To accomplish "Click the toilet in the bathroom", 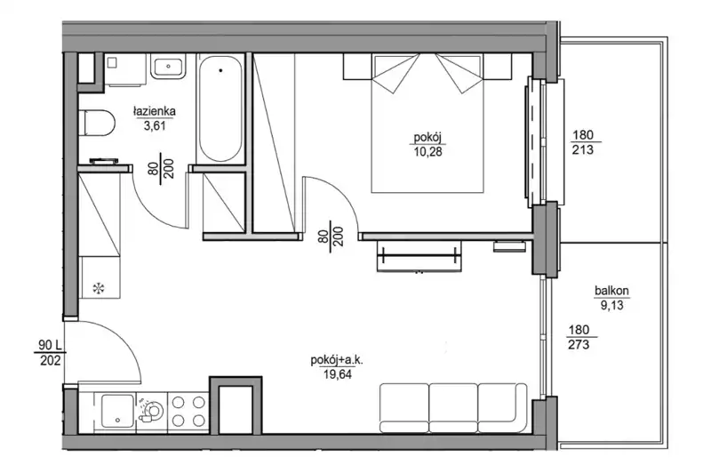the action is coord(97,123).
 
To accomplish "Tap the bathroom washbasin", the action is coord(168,67).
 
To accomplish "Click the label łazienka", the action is coord(154,111).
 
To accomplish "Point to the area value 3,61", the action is coord(155,125).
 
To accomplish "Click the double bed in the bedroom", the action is coord(427,123).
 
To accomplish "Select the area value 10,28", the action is coord(427,151).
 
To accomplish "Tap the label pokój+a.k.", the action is coord(337,361).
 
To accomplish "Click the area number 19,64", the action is coord(338,374).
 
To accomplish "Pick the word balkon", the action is coord(611,291).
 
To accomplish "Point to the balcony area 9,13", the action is coord(612,305).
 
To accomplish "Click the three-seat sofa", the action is coord(453,408).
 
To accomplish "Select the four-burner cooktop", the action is coord(188,410).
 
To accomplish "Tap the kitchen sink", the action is coord(117,411).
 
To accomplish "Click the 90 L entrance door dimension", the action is coord(50,352).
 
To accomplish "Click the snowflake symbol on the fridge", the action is coord(99,287).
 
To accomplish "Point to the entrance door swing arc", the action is coord(120,340).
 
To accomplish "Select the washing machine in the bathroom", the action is coord(124,70).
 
